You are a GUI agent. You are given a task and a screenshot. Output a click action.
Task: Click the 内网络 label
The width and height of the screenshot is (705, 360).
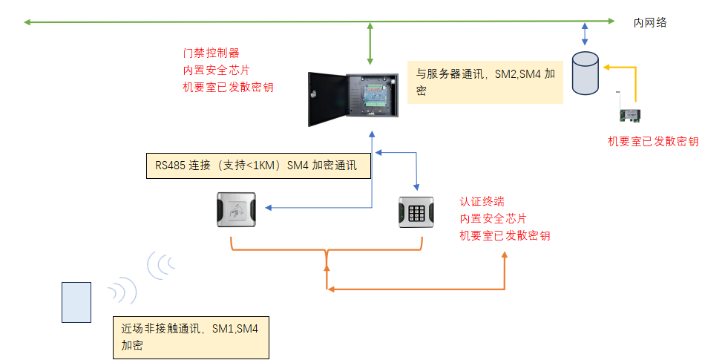click(650, 23)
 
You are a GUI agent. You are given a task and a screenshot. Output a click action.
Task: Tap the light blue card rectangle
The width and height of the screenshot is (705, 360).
click(76, 302)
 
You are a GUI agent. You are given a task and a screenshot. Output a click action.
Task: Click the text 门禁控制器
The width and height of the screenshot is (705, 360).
click(211, 53)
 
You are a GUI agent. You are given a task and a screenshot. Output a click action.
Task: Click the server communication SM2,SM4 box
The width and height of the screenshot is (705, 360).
click(485, 82)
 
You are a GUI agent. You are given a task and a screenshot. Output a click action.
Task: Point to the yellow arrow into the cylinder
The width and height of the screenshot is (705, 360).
click(607, 68)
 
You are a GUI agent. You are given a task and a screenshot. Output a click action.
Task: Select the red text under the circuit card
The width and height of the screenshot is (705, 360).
click(652, 142)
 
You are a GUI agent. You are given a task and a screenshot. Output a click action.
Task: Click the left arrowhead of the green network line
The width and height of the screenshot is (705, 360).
click(27, 23)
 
